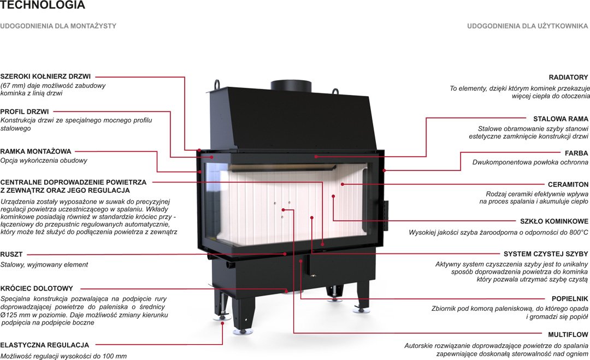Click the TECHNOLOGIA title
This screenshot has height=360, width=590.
point(43,6)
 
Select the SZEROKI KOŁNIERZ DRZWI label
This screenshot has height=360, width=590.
point(45,76)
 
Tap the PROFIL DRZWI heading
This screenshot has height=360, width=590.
point(25,111)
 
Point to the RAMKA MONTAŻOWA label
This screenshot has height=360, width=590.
point(36,151)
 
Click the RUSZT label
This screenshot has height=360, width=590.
point(11,255)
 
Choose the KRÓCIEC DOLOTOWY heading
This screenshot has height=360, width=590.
point(37,288)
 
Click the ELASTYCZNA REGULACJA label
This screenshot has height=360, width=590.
point(45,345)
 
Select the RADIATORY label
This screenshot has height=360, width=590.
point(568,78)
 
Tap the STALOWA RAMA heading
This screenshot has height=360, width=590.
point(560,119)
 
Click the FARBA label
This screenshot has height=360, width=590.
point(576,154)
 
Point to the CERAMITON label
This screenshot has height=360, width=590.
point(568,185)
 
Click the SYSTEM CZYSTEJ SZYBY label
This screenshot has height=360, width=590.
point(545,254)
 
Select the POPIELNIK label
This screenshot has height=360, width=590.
point(570,299)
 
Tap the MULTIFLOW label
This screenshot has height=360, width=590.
point(568,334)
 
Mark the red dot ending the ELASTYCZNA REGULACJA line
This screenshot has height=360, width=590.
point(222,323)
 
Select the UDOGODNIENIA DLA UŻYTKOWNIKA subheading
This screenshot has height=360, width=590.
point(528,26)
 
